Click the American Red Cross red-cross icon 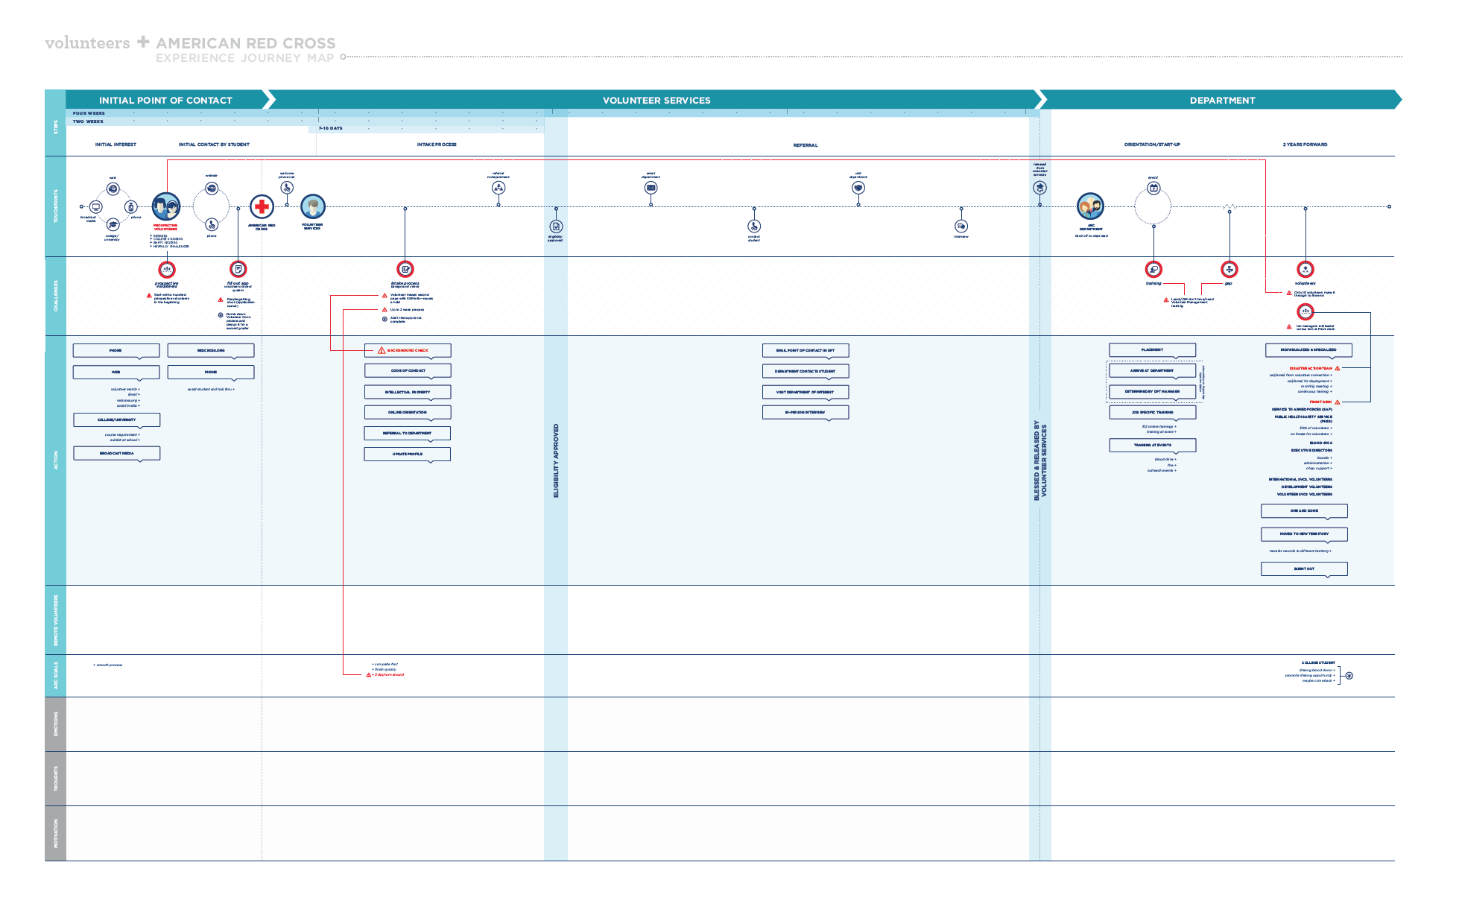coord(262,206)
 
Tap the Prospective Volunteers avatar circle coord(166,206)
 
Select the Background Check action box coord(408,350)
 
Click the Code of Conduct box coord(408,370)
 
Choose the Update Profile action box coord(408,454)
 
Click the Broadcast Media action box coord(116,453)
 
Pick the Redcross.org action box coord(211,350)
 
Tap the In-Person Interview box coord(806,412)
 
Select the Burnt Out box coord(1304,568)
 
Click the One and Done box coord(1304,511)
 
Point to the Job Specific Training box coord(1153,412)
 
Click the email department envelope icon coord(651,188)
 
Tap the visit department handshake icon coord(858,188)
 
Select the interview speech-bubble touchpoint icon coord(961,226)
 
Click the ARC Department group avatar coord(1090,206)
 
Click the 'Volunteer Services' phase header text coord(656,101)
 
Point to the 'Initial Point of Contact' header coord(165,101)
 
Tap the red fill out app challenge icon coord(238,269)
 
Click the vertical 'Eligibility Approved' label coord(556,460)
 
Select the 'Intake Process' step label coord(437,145)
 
